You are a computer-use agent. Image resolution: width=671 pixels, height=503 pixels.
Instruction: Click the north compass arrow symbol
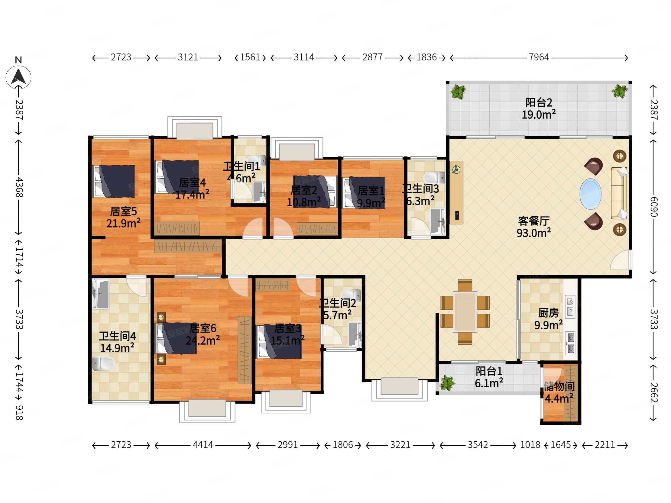click(18, 77)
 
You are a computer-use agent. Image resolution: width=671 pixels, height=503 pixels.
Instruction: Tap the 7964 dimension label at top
click(539, 57)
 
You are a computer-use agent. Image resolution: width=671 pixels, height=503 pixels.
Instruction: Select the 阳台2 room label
click(539, 102)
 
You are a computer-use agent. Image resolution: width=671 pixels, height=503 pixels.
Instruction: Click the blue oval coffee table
click(590, 194)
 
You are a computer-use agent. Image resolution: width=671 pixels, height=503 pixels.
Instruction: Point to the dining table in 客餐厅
click(465, 312)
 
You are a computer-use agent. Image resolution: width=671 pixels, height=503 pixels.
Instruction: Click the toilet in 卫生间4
click(103, 363)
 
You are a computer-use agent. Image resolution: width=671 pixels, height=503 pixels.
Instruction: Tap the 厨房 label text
click(548, 313)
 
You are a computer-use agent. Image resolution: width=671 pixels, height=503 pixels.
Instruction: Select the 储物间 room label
click(559, 386)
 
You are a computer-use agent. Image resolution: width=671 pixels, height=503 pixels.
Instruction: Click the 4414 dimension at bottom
click(203, 445)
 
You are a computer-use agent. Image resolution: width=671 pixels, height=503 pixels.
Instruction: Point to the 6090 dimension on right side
click(654, 207)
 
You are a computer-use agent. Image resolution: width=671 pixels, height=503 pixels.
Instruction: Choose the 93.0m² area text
click(533, 233)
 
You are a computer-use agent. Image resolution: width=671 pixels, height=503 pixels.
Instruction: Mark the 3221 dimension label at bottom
click(400, 445)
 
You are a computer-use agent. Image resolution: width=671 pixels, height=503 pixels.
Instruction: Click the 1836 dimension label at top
click(426, 57)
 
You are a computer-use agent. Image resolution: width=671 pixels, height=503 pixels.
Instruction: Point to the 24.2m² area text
click(203, 340)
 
